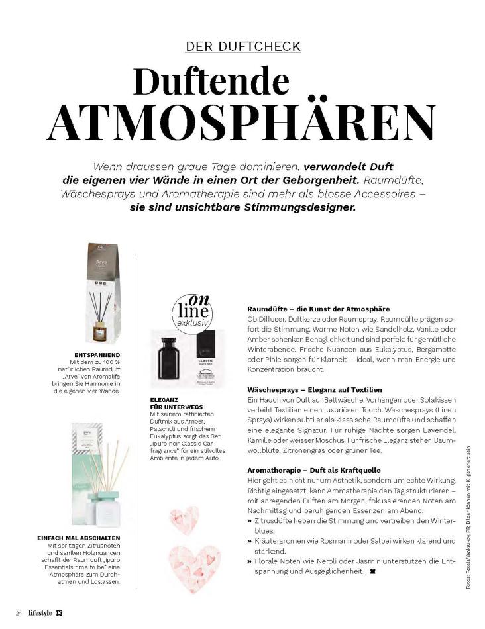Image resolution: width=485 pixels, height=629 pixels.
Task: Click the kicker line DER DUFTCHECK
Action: [243, 46]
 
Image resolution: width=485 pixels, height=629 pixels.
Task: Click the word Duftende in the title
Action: [211, 81]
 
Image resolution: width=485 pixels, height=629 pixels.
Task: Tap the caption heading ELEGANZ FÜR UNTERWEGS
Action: [176, 403]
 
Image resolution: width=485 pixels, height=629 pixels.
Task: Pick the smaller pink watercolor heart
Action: [183, 520]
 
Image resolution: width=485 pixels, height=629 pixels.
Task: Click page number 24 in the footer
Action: [20, 613]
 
